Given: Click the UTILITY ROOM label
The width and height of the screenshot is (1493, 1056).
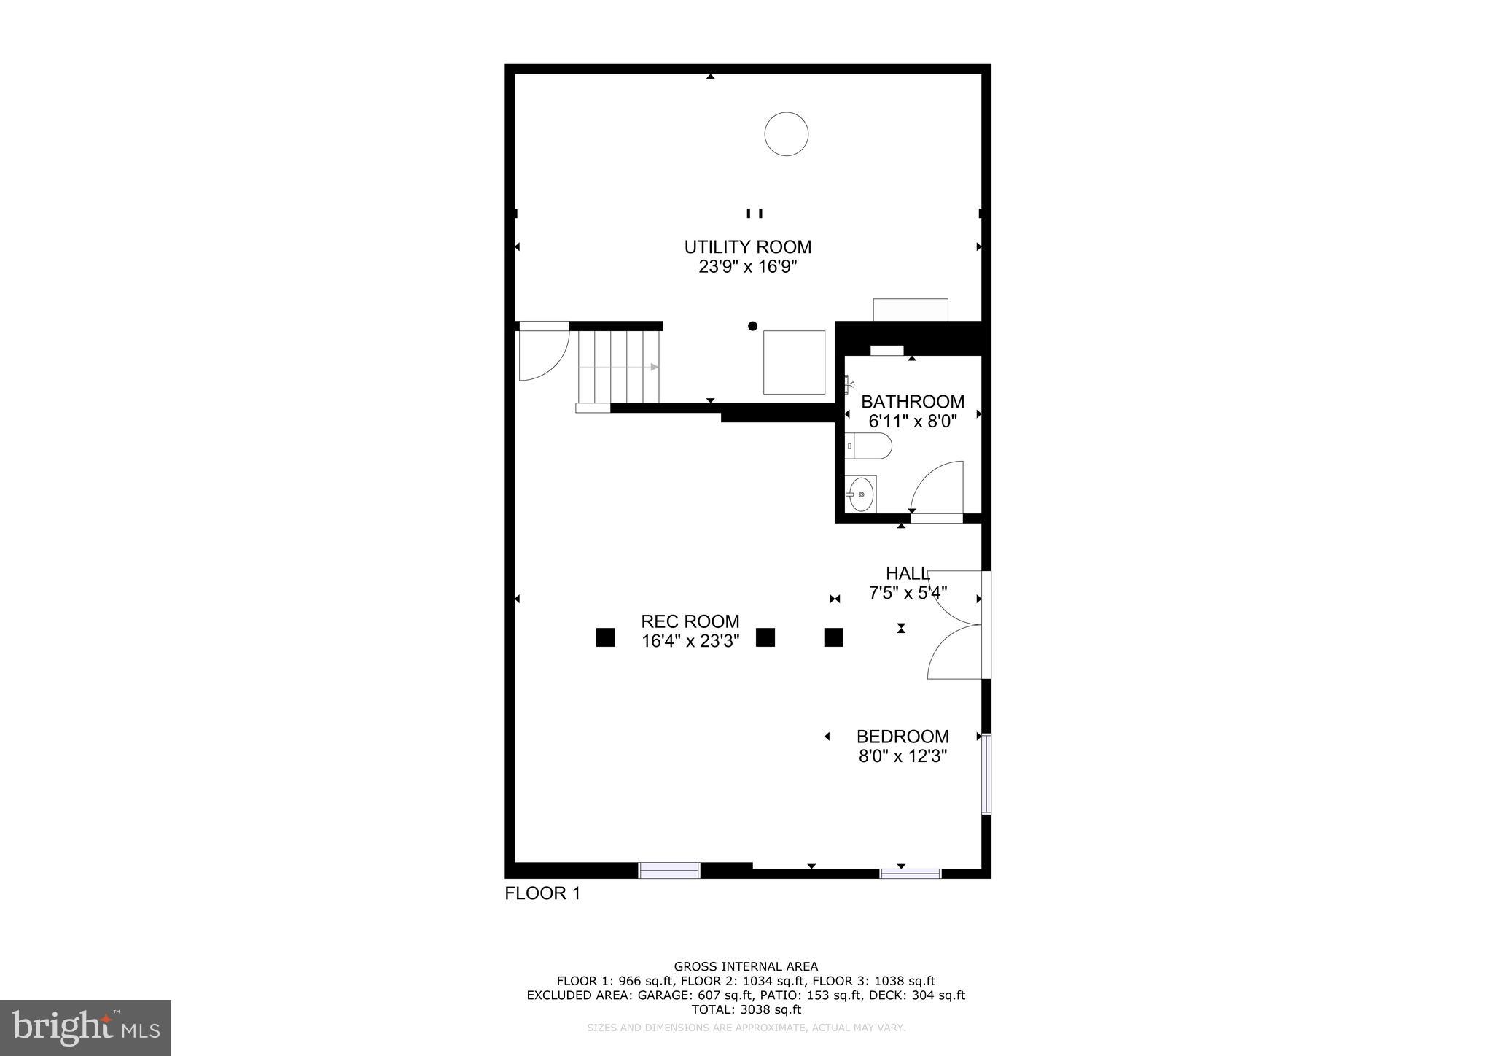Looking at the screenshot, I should point(747,246).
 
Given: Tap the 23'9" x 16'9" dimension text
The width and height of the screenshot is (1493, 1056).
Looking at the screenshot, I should point(747,267).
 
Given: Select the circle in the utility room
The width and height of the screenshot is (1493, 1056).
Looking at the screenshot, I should point(786,134).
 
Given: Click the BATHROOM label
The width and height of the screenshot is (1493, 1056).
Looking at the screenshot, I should point(912,402).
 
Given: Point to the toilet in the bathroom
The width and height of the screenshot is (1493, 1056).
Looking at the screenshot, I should point(868,446).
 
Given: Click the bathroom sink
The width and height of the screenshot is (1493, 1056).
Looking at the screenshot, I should point(861,494).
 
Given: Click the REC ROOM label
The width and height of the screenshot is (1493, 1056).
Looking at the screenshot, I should point(690,621).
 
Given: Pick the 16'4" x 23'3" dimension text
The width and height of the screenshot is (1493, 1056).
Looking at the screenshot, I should point(690,642).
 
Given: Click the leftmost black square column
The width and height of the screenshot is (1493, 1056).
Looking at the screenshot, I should point(605,637).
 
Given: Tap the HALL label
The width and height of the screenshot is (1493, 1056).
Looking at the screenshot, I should point(907,573).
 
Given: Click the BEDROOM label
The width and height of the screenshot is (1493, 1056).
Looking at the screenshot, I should point(903,737).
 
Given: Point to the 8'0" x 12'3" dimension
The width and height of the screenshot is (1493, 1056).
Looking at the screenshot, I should point(903,756).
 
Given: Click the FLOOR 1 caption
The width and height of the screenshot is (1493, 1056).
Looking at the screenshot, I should point(542,893).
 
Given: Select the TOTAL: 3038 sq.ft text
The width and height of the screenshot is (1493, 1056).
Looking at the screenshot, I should point(746,1009).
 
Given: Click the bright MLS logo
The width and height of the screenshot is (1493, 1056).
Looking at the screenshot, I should point(86,1028).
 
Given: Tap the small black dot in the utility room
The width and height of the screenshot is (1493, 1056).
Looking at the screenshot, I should point(752,326).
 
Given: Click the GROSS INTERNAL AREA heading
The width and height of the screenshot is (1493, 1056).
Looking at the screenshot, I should point(746,967).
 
